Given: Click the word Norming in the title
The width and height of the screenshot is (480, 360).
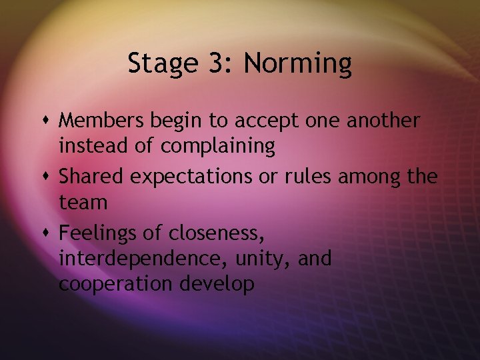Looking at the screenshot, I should (x=297, y=65).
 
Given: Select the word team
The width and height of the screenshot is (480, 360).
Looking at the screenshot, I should (x=83, y=201).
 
